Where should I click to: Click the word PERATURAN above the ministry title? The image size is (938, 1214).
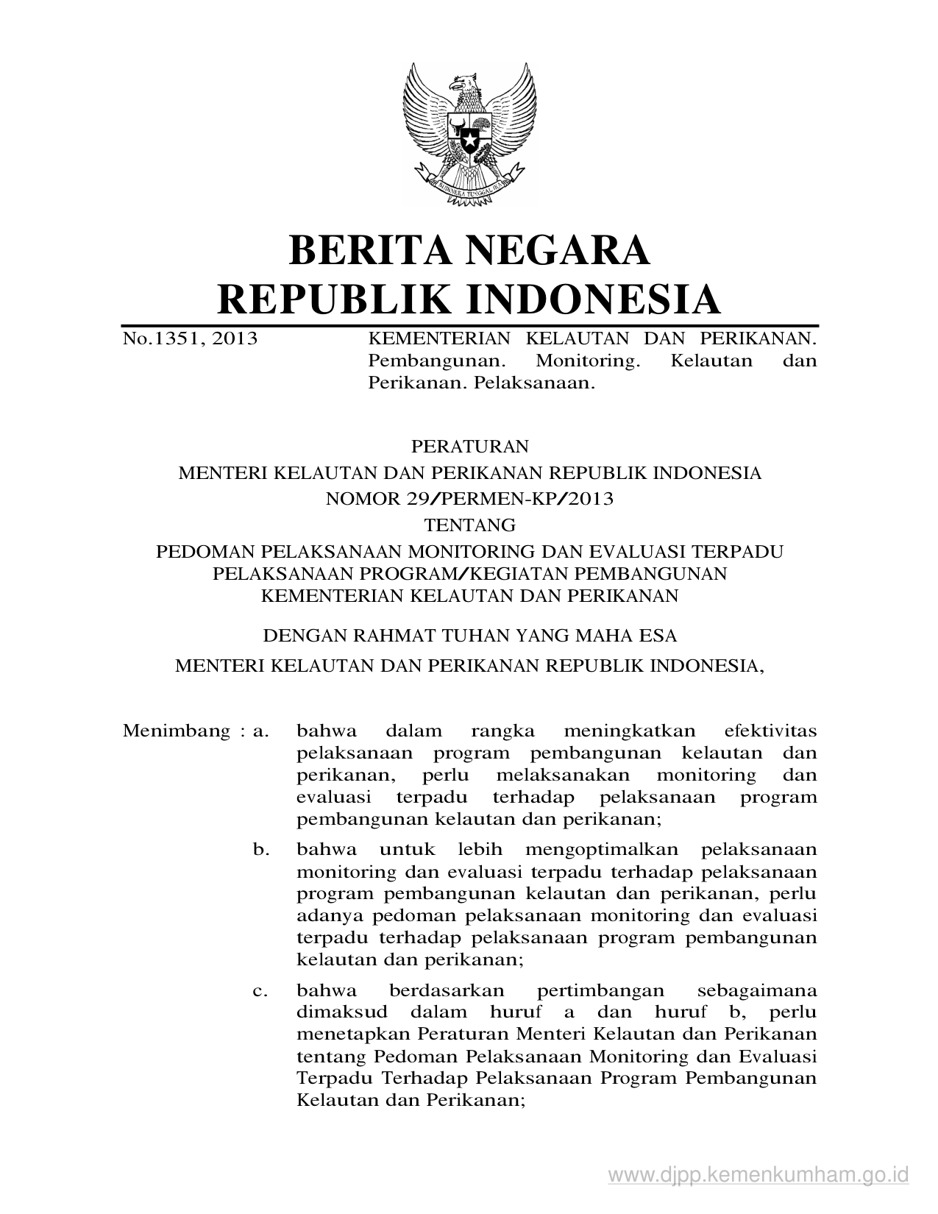[x=469, y=447]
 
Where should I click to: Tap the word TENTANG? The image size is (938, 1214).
[x=469, y=525]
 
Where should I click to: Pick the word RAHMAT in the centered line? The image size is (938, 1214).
[x=391, y=635]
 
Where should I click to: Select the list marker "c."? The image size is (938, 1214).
[x=260, y=991]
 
